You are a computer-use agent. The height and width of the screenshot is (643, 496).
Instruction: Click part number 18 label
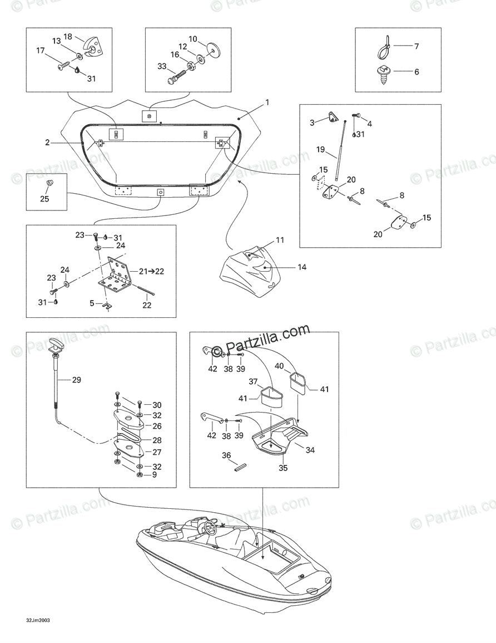click(68, 36)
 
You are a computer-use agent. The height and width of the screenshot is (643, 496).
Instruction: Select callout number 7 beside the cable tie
click(416, 46)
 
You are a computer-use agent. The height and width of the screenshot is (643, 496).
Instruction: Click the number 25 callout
click(44, 198)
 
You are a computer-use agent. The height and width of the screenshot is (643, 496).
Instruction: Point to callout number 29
click(77, 380)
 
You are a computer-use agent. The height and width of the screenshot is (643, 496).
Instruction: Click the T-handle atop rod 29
click(57, 344)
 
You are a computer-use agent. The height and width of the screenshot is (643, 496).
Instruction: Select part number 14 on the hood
click(302, 267)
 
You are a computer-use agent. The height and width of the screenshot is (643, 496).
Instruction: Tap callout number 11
click(280, 240)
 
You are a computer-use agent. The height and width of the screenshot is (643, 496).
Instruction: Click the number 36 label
click(226, 455)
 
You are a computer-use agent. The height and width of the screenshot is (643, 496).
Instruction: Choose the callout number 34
click(310, 450)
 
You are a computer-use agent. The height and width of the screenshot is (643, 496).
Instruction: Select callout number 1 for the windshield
click(267, 102)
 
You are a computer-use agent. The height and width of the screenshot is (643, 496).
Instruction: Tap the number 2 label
click(48, 143)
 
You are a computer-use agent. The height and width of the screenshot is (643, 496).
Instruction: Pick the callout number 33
click(162, 66)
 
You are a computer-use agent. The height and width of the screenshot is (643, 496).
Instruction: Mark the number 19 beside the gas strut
click(320, 149)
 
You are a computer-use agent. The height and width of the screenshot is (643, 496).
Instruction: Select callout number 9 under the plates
click(154, 475)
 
